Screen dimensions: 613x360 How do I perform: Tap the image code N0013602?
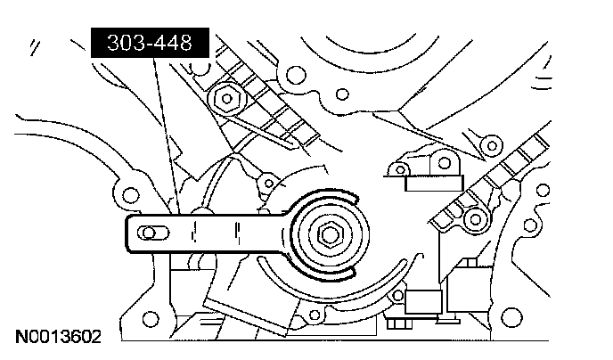[x=58, y=337]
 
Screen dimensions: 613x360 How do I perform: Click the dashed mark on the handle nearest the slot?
[x=192, y=233]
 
